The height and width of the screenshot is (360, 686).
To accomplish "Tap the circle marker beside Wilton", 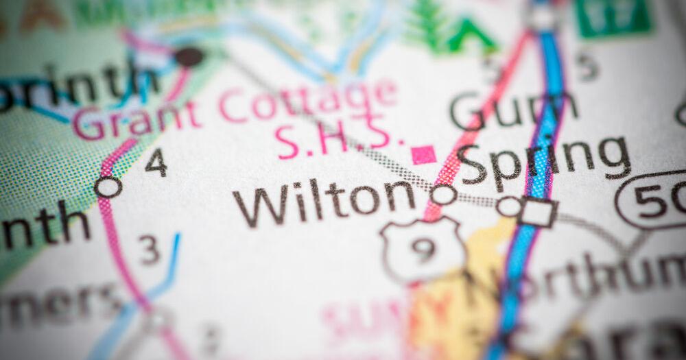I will [x=443, y=195].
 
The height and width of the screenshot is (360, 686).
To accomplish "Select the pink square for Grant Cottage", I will [x=423, y=154].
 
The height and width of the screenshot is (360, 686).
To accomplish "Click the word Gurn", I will [x=514, y=110].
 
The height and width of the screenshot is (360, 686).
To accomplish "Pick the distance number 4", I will [x=156, y=163].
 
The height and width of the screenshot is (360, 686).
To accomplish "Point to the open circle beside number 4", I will [x=108, y=187].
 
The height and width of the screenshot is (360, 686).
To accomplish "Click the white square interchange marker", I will [x=539, y=213].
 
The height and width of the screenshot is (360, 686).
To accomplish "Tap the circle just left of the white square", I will [x=509, y=206].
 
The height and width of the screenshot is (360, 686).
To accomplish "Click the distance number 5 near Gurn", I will [x=587, y=66].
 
